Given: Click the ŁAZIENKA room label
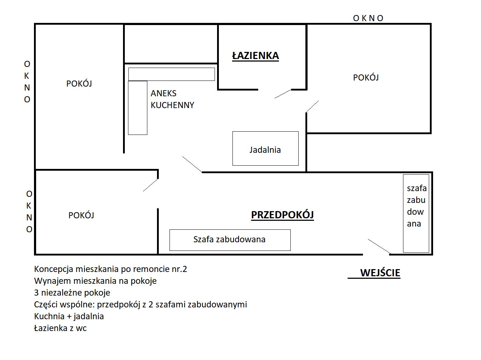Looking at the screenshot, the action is point(255,56).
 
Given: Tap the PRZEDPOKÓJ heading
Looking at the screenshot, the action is point(282,215).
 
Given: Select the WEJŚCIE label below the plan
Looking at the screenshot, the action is point(380,273).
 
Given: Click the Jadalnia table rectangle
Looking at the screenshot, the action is point(265,149).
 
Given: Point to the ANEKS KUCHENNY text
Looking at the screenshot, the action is point(172,99).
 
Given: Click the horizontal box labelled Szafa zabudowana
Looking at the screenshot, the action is point(230,240).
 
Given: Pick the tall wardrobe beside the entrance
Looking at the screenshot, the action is point(416,213).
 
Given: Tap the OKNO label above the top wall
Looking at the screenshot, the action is point(368,18).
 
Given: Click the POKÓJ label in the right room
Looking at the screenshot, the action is point(366,78).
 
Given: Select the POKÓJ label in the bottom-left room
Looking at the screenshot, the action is point(81,215).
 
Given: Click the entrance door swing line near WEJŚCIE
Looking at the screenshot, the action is point(379,247).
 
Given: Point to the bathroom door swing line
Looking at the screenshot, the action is point(283,94).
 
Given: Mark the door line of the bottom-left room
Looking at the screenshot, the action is point(151,185).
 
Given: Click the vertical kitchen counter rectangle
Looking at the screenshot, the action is point(138,108).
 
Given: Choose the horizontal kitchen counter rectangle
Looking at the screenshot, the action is point(172,74).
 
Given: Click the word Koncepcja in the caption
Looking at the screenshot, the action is point(54,269).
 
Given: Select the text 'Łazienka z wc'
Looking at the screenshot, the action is point(60,328).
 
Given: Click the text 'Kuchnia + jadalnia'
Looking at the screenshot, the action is point(69,316).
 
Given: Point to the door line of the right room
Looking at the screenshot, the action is point(312,106).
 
